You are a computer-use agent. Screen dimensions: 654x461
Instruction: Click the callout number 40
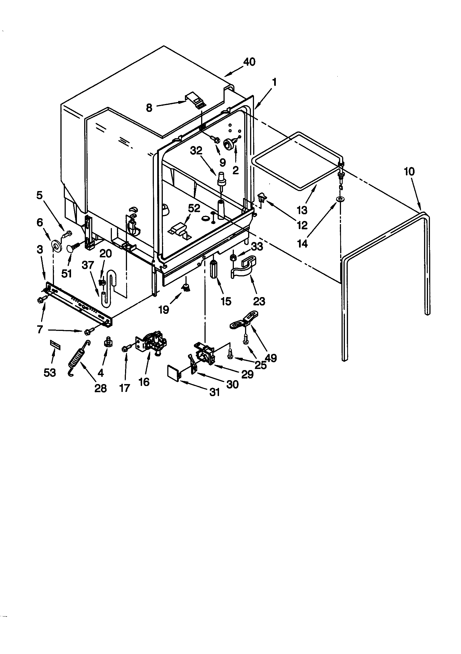click(x=249, y=62)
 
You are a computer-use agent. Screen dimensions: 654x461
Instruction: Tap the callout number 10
click(x=409, y=171)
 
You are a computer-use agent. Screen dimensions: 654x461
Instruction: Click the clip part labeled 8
click(x=195, y=100)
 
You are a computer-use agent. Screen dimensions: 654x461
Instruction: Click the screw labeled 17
click(x=125, y=349)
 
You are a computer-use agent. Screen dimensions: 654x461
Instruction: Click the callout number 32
click(x=196, y=151)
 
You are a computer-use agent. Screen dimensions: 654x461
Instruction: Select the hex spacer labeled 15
click(x=214, y=269)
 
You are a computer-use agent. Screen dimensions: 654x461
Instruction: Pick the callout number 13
click(x=302, y=210)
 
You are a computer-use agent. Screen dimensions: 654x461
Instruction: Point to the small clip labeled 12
click(x=261, y=197)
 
